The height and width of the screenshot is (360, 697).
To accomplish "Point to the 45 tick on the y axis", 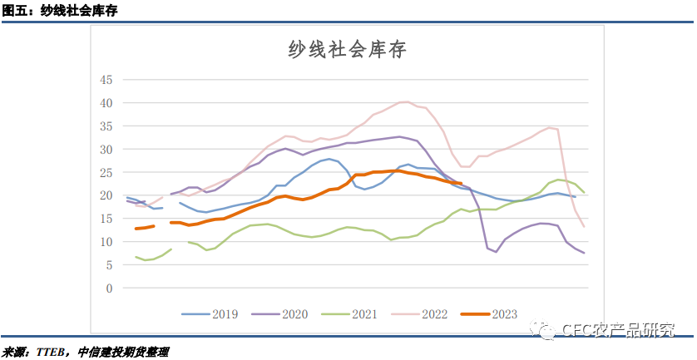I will click(106, 80).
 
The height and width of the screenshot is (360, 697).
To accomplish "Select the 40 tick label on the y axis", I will click(106, 103).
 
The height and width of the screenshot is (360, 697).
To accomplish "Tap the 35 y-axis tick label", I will click(106, 126).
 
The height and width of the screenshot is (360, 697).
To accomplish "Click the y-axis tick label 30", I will click(106, 150).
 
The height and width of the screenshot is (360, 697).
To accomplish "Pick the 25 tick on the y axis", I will click(106, 172).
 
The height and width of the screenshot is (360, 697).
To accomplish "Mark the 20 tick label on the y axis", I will click(106, 195).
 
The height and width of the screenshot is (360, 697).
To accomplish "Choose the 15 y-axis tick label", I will click(106, 219).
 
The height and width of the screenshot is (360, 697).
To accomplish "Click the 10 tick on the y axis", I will click(106, 242).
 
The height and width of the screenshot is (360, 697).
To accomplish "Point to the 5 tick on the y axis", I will click(108, 265).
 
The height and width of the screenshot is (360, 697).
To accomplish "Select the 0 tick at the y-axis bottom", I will click(108, 288).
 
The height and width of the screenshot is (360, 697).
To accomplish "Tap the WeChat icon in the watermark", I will click(547, 331).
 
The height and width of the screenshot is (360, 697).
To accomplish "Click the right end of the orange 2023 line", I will click(460, 184).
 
